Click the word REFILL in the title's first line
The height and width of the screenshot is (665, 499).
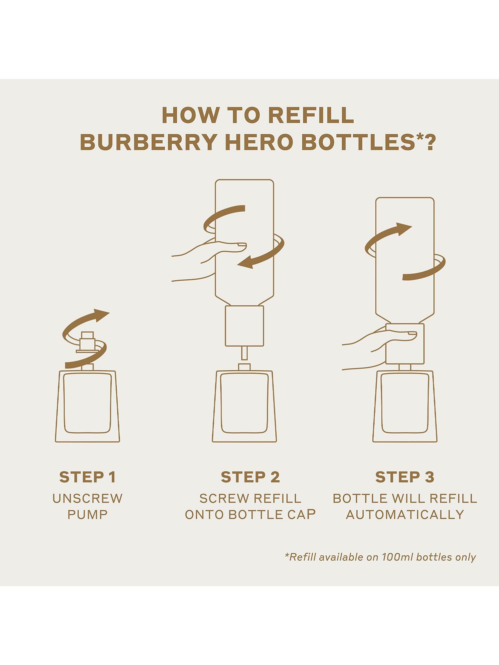coord(311,115)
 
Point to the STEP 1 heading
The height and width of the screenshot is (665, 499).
coord(87,477)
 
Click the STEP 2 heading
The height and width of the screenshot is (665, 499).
coord(250,477)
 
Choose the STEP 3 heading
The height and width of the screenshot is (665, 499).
coord(405,477)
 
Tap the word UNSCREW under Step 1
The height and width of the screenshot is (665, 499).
coord(87,498)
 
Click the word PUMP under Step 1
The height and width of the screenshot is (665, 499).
coord(87,515)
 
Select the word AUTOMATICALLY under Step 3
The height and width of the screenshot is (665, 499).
coord(405,515)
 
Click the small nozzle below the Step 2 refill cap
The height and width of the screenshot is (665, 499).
coord(244,353)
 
